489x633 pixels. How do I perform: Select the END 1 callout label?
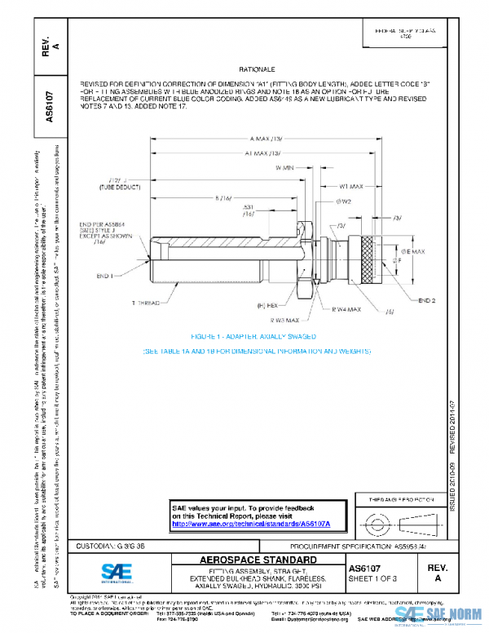(x=106, y=277)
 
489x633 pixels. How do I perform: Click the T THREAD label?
(x=147, y=302)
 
